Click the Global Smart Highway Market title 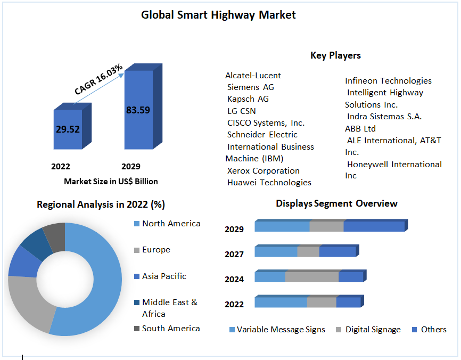(218, 15)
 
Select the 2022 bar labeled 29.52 (68, 129)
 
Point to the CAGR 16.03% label (98, 79)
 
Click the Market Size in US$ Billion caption (111, 182)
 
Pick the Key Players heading (335, 55)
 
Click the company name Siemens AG (250, 87)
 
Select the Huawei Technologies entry (269, 183)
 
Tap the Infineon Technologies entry (388, 81)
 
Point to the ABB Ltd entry (360, 128)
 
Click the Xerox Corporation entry (263, 171)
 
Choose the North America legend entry (171, 224)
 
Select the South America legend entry (170, 329)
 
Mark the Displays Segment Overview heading (336, 203)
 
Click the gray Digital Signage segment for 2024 (312, 277)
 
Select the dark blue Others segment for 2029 (374, 226)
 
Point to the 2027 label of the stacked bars (234, 255)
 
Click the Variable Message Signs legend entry (281, 330)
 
